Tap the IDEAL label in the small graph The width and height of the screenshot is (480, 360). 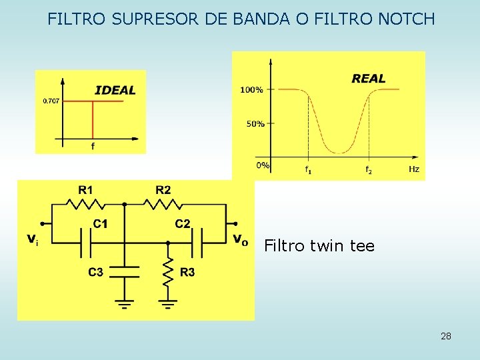[115, 90]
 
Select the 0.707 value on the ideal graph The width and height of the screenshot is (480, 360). [51, 101]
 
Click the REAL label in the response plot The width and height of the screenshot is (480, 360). [369, 79]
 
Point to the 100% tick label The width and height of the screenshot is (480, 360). [251, 89]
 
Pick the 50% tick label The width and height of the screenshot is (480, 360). [255, 123]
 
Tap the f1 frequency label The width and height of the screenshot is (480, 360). [308, 170]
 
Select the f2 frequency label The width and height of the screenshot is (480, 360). [368, 170]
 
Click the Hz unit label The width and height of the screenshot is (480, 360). [414, 169]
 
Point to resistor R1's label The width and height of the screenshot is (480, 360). [85, 190]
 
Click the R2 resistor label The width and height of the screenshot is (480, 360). [163, 190]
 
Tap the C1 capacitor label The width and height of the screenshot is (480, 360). [100, 224]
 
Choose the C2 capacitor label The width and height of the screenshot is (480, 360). [183, 224]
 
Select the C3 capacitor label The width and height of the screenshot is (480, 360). [95, 272]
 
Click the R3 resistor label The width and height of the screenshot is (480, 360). [187, 272]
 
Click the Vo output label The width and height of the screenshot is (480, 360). [240, 239]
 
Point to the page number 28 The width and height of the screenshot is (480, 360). [446, 336]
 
